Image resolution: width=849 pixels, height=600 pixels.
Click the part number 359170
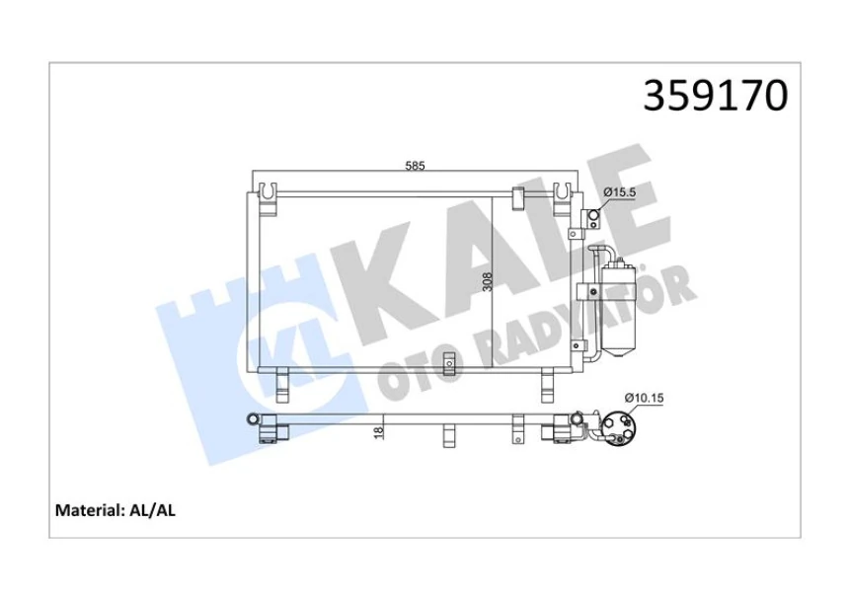[x=716, y=95]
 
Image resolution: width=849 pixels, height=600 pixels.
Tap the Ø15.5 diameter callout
[x=619, y=192]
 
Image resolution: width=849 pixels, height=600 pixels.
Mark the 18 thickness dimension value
[x=379, y=430]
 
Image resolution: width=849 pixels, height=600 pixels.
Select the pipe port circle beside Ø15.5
[x=593, y=217]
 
